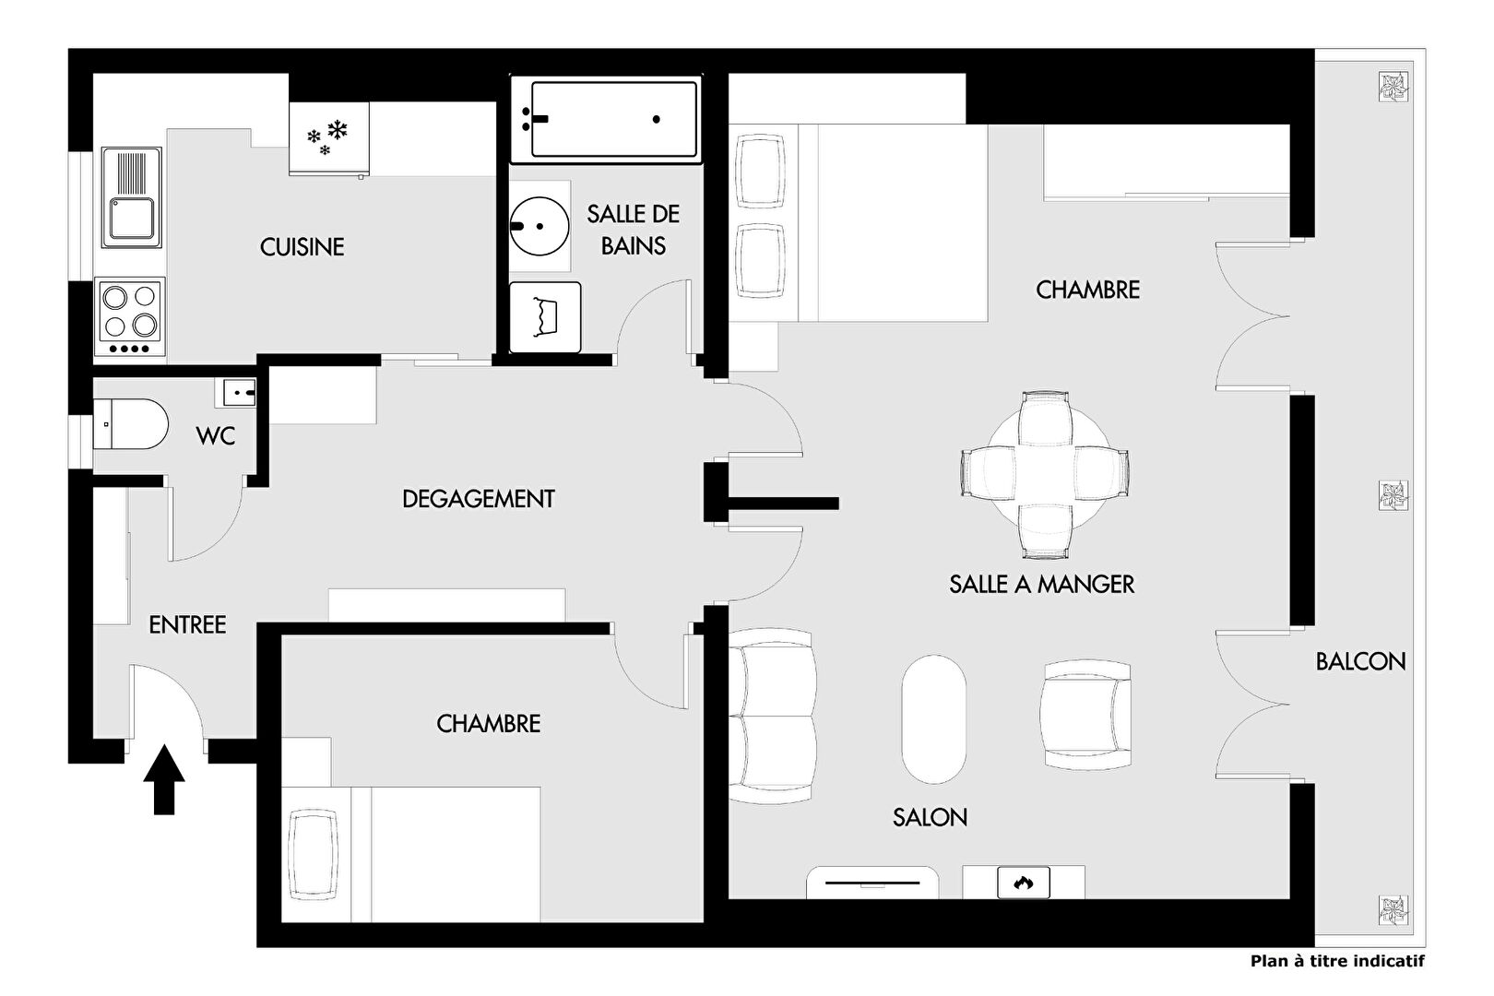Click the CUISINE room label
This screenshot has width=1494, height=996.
tap(302, 247)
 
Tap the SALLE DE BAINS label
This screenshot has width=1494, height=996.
tap(633, 231)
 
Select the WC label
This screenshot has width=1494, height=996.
tap(216, 436)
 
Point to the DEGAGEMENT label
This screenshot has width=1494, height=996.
tap(479, 499)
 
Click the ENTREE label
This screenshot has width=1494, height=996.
tap(187, 625)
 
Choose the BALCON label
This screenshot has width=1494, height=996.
tap(1360, 662)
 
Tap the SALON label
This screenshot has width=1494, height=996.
tap(930, 818)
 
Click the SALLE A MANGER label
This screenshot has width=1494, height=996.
tap(1042, 585)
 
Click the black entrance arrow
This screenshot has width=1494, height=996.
tap(164, 779)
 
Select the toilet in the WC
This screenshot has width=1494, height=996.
tap(130, 424)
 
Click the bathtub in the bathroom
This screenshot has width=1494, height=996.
tap(606, 119)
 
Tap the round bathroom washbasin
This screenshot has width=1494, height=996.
tap(539, 226)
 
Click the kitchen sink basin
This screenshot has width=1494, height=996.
tap(131, 219)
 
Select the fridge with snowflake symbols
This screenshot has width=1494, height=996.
tap(329, 138)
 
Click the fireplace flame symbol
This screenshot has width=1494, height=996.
tap(1023, 883)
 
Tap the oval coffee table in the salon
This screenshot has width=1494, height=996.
tap(933, 719)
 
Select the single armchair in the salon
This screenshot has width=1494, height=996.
tap(1085, 715)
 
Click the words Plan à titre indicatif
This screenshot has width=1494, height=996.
tap(1337, 961)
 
